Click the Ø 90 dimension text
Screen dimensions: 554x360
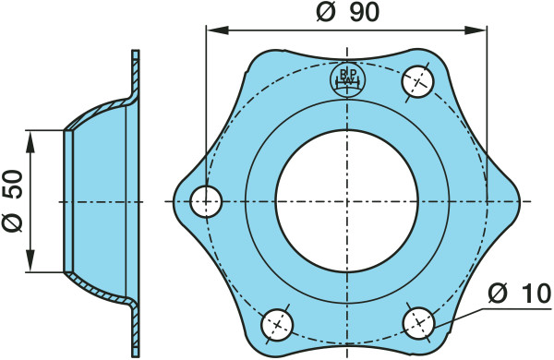point(348,12)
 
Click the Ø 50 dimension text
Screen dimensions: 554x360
point(13,200)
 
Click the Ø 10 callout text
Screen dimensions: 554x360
point(519,293)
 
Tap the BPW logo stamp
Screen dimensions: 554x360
point(348,79)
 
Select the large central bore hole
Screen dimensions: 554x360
point(347,201)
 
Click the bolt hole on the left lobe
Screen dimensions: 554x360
point(206,201)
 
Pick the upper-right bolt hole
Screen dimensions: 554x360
point(417,81)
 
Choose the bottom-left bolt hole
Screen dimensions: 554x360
point(277,325)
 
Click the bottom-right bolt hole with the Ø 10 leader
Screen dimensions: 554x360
point(418,323)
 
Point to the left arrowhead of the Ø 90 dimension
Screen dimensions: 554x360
point(217,30)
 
